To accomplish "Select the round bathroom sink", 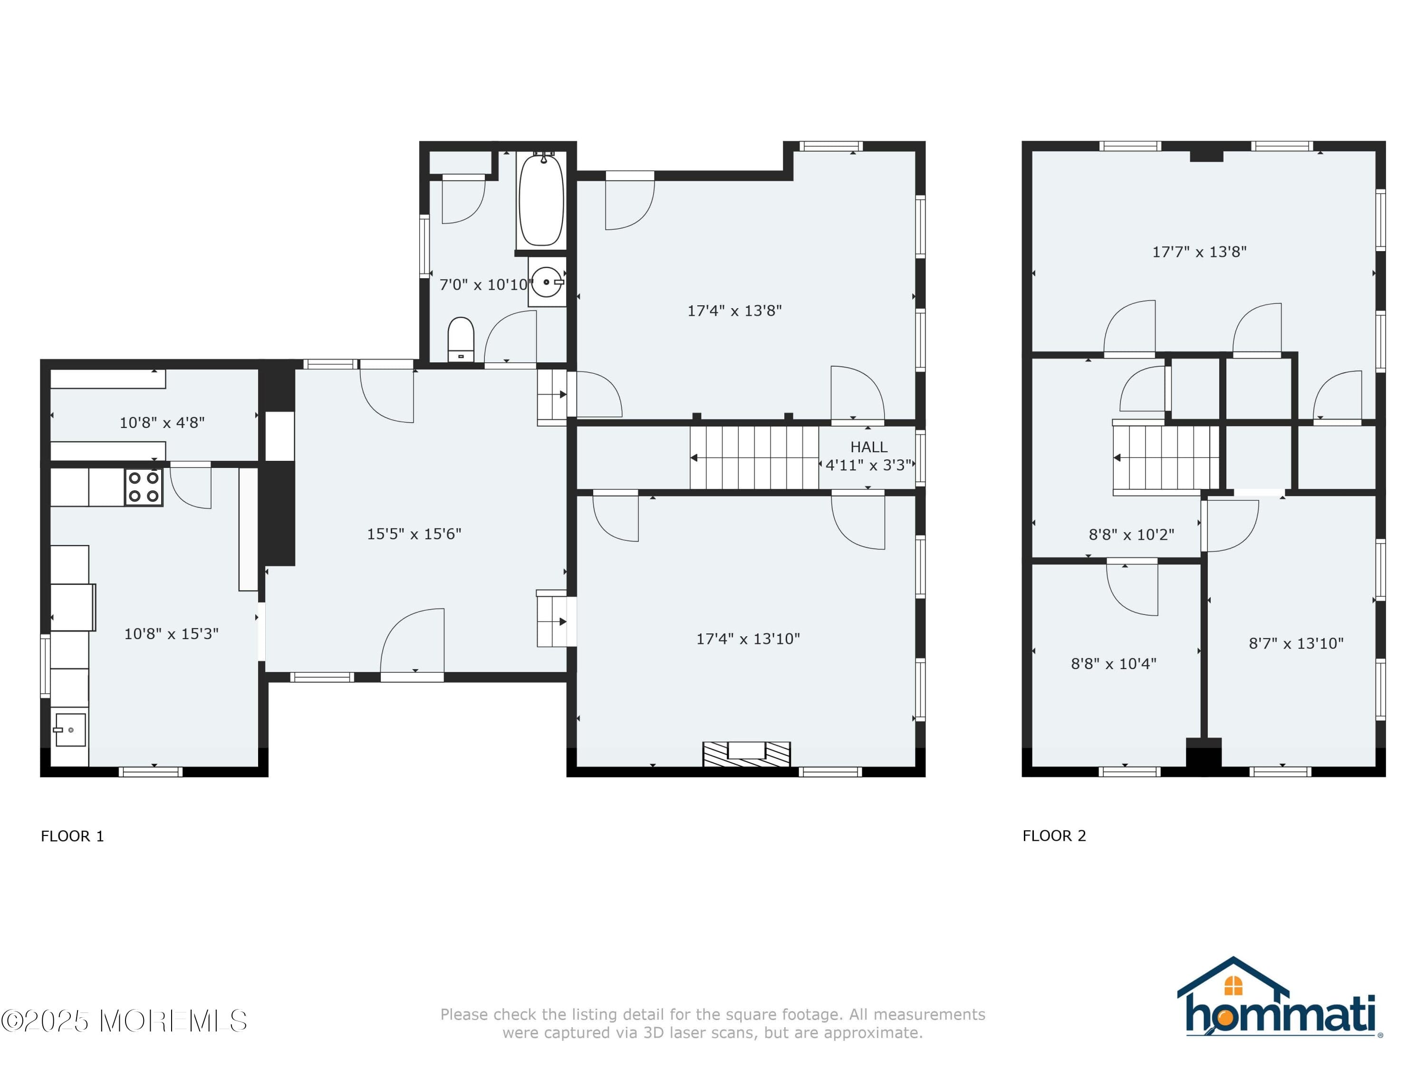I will [547, 282].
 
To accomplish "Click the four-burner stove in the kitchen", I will [144, 487].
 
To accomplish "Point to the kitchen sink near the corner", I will [69, 730].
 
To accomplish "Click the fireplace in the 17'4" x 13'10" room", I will [746, 753].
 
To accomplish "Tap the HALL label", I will [868, 447].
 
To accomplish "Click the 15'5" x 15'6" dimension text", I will [414, 534].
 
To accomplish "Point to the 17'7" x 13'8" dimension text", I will [1199, 252].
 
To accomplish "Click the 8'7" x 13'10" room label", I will [1296, 643].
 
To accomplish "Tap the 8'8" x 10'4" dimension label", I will [1113, 664].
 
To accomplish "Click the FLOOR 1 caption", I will [72, 837].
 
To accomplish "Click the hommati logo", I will [1280, 1000].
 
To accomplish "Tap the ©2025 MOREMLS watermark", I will [124, 1021].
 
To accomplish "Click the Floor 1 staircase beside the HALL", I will [754, 458].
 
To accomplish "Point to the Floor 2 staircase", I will [1166, 458].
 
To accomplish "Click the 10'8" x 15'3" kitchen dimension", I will [171, 634].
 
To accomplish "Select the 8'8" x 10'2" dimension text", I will [1131, 535].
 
